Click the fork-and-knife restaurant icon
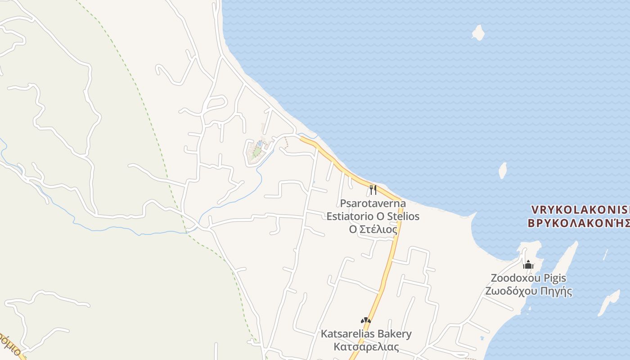373,189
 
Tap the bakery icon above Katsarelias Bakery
366,321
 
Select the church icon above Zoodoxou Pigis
528,265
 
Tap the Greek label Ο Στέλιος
373,229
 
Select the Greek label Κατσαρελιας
366,347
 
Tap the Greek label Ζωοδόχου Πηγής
528,291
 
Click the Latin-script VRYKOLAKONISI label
580,210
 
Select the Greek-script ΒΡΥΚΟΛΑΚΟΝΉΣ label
578,223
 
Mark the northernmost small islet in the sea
478,32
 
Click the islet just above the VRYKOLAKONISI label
503,171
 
